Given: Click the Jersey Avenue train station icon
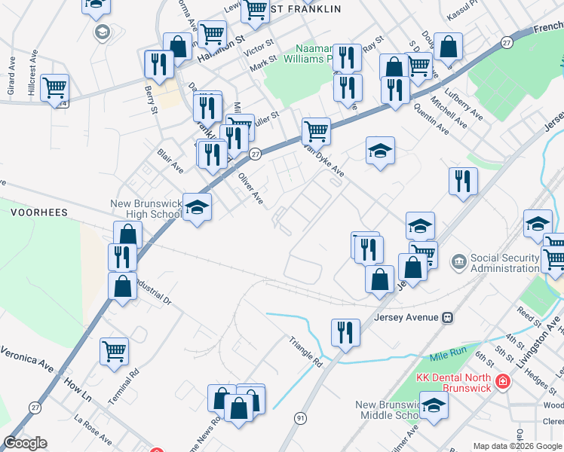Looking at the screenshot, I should pyautogui.click(x=447, y=317).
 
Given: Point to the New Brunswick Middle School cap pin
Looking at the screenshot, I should pyautogui.click(x=434, y=405).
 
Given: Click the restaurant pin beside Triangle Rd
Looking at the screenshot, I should pyautogui.click(x=345, y=333).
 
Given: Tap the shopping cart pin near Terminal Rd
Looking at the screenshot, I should pyautogui.click(x=115, y=351).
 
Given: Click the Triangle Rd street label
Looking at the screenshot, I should pyautogui.click(x=305, y=351).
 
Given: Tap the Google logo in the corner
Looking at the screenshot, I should pyautogui.click(x=26, y=443).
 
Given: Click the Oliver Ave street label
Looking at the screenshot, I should pyautogui.click(x=250, y=188).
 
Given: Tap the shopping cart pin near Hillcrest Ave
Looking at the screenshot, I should pyautogui.click(x=54, y=88).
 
